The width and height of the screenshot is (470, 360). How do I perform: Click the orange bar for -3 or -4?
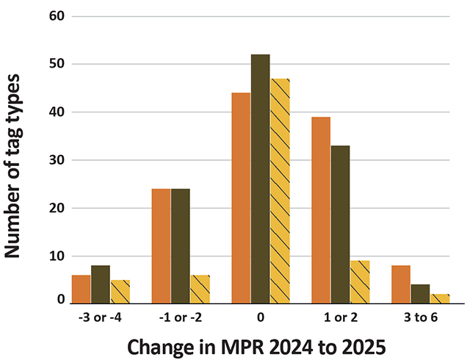(x=81, y=289)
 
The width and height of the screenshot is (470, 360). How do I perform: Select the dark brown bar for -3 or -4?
(x=101, y=285)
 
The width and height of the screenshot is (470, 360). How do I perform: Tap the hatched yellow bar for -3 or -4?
(x=120, y=292)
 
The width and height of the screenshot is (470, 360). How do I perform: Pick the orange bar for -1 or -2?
(x=161, y=246)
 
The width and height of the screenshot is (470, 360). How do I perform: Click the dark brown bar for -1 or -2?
(x=180, y=246)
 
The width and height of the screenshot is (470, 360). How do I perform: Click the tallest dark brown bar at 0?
(x=260, y=179)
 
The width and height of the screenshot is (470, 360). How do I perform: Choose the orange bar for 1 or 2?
(x=321, y=210)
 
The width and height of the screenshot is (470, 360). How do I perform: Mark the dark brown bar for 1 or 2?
(x=340, y=225)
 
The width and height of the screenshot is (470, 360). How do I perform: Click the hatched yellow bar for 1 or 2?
(x=360, y=282)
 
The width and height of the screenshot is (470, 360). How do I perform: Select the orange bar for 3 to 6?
(x=401, y=285)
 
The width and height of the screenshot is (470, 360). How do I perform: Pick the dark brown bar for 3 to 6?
(x=420, y=294)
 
